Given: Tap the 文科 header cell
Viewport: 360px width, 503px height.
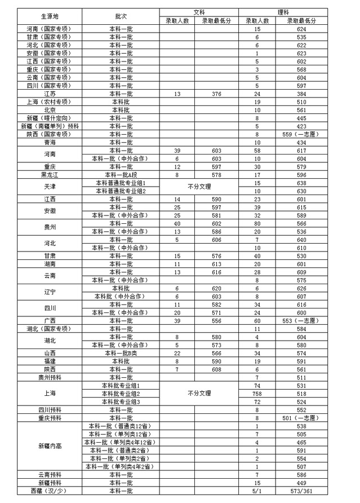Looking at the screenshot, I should pyautogui.click(x=199, y=12).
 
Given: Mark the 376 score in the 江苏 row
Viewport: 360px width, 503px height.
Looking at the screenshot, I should pyautogui.click(x=216, y=94).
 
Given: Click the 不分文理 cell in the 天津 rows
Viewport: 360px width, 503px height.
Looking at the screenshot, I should pyautogui.click(x=199, y=187).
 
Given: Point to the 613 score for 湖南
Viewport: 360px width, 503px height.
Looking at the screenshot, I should pyautogui.click(x=216, y=264).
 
